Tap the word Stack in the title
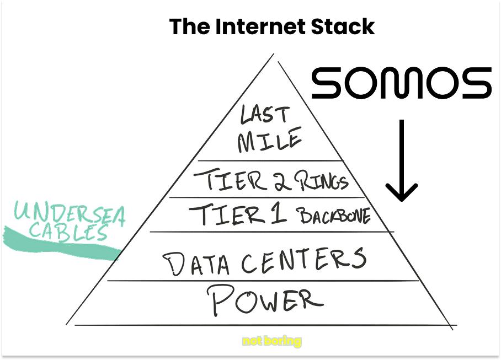click(345, 26)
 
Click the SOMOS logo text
click(401, 83)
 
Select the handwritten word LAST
click(264, 115)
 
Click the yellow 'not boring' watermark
click(272, 341)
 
